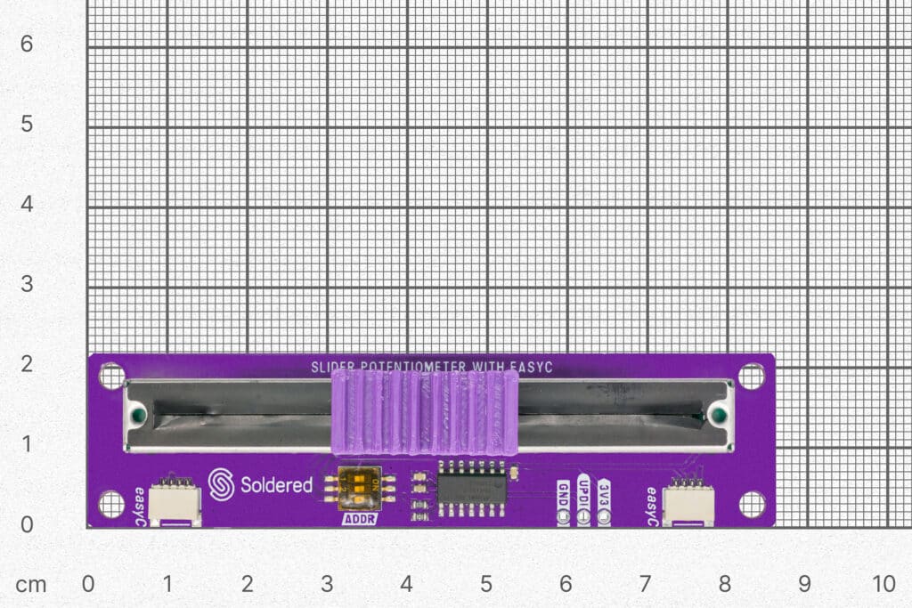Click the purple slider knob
point(424,413)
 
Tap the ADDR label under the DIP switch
point(360,518)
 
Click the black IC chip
point(471,489)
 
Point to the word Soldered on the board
point(276,485)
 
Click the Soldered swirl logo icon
point(221,484)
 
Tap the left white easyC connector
point(175,504)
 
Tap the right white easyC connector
point(688,504)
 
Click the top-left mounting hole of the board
point(111,377)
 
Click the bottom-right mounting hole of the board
point(752,505)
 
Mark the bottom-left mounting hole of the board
point(111,505)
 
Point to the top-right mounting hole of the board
point(752,377)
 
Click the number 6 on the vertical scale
point(27,44)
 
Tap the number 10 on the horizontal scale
point(883,584)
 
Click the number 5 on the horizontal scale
point(486,584)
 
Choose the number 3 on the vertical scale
point(27,284)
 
